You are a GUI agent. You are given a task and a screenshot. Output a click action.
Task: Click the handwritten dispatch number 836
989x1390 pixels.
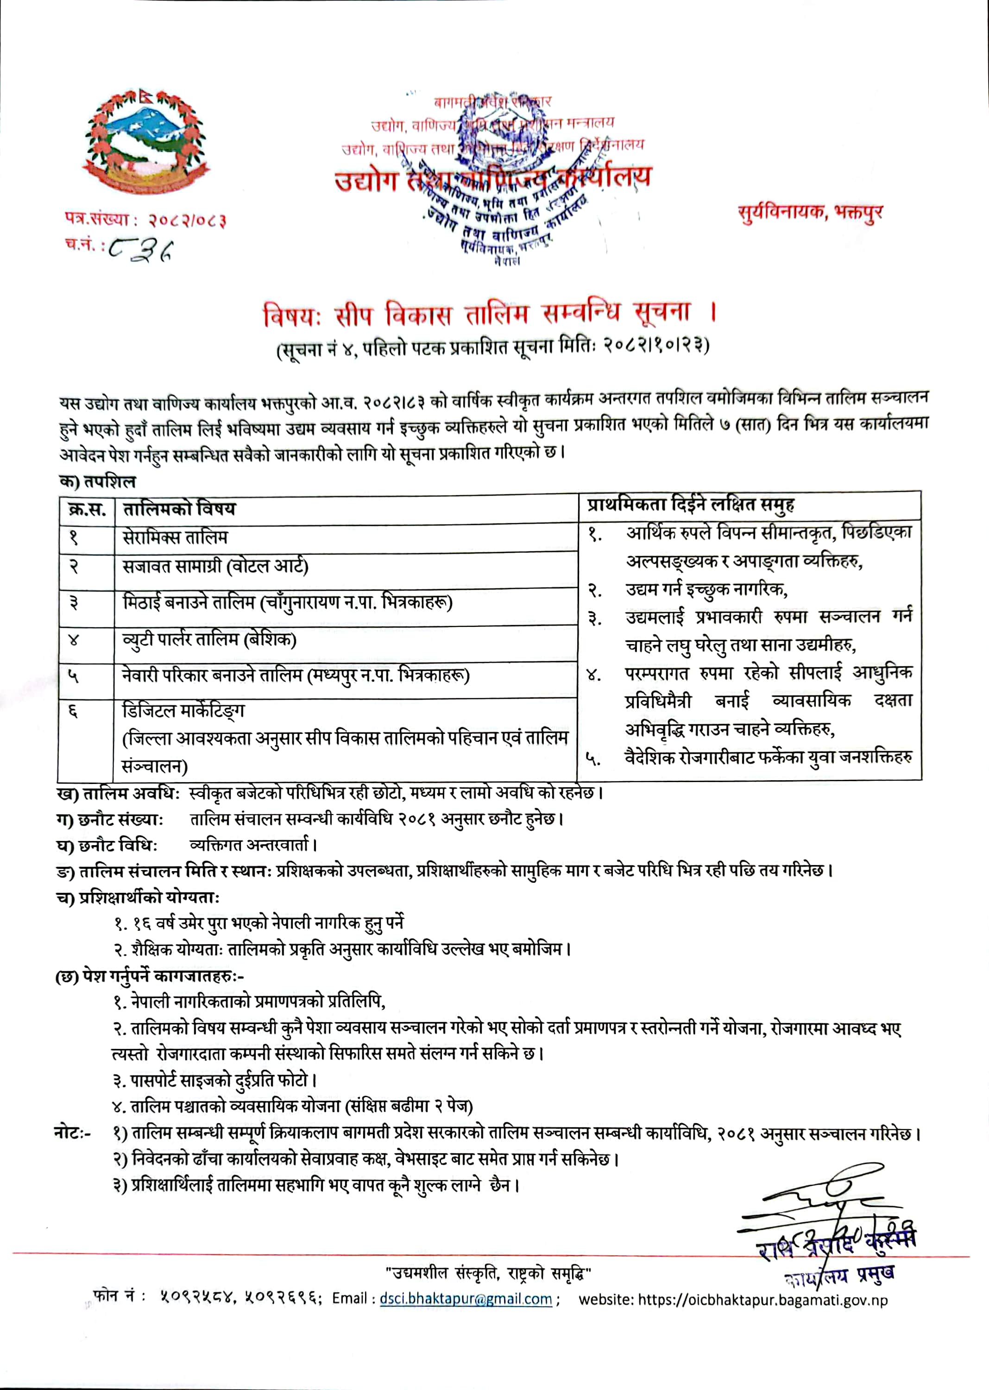point(142,248)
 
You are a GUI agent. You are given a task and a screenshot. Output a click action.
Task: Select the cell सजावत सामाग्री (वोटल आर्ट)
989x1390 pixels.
point(215,567)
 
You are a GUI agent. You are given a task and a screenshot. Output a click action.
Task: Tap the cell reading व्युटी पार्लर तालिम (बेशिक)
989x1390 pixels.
point(209,639)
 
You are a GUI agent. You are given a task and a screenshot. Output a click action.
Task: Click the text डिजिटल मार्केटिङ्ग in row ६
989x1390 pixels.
point(183,710)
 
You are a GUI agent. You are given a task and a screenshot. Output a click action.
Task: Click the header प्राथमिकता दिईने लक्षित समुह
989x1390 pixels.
point(691,505)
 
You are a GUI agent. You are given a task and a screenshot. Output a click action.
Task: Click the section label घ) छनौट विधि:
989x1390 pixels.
point(107,846)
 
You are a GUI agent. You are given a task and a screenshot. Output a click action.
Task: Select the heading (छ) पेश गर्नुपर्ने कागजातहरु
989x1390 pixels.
point(149,976)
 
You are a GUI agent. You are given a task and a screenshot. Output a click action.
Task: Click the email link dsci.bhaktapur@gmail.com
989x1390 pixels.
point(466,1299)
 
